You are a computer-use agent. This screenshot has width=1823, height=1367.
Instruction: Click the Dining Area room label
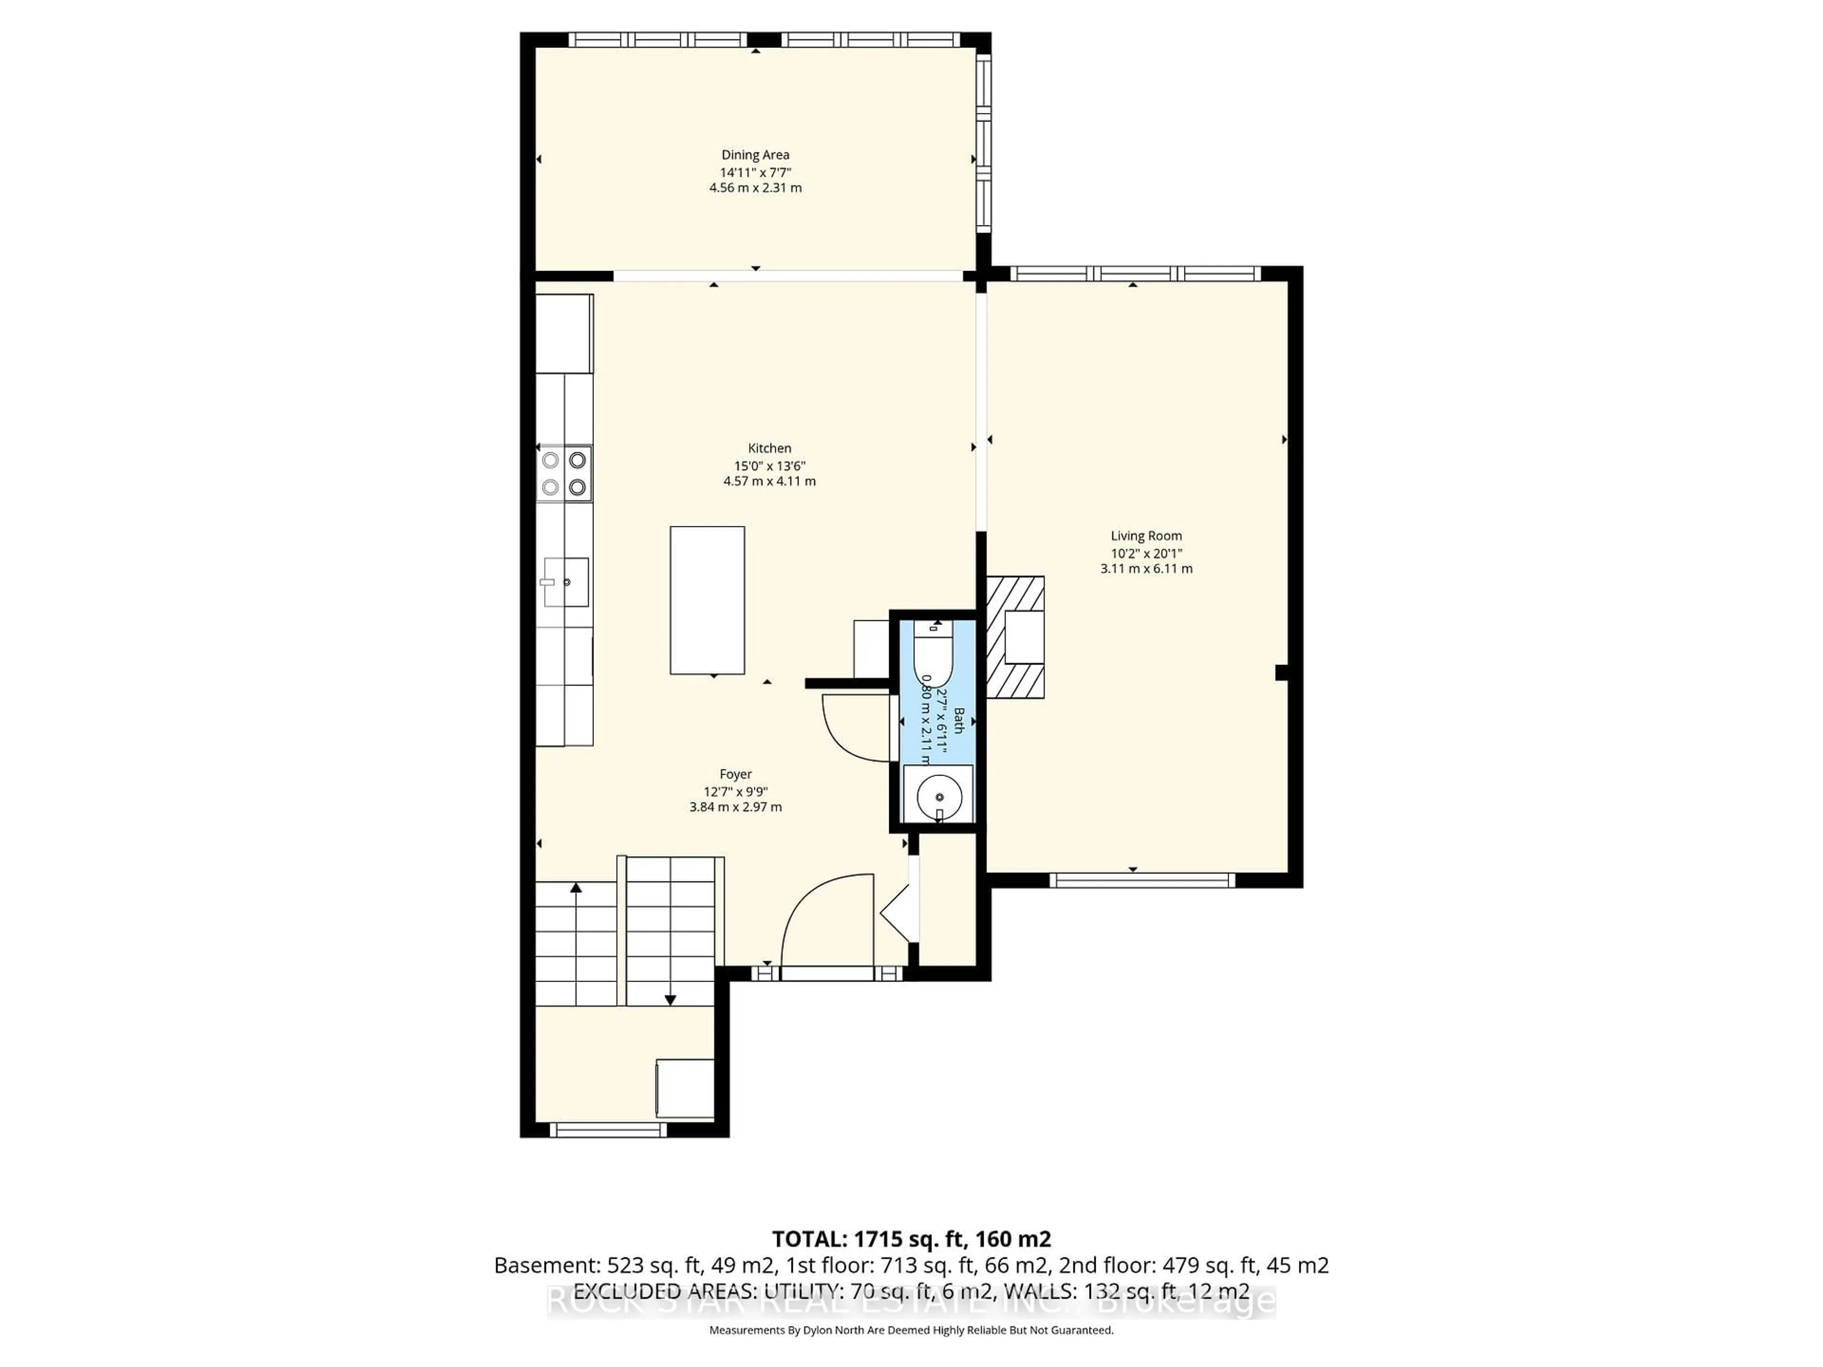[x=755, y=155]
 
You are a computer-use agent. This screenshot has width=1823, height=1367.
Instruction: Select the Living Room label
[x=1146, y=535]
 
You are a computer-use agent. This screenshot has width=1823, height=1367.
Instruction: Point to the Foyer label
[x=735, y=774]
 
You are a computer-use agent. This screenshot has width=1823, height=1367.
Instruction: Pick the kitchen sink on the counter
[x=566, y=582]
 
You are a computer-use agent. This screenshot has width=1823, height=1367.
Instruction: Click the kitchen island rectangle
[x=707, y=600]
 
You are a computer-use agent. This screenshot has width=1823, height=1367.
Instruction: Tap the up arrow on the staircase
[x=576, y=888]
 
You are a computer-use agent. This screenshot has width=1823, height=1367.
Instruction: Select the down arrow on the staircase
[x=670, y=1000]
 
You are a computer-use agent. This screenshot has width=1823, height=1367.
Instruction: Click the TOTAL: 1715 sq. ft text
[x=911, y=1238]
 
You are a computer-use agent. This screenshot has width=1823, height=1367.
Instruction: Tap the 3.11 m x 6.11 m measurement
[x=1146, y=569]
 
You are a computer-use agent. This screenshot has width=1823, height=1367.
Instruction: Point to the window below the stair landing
[x=607, y=1130]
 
